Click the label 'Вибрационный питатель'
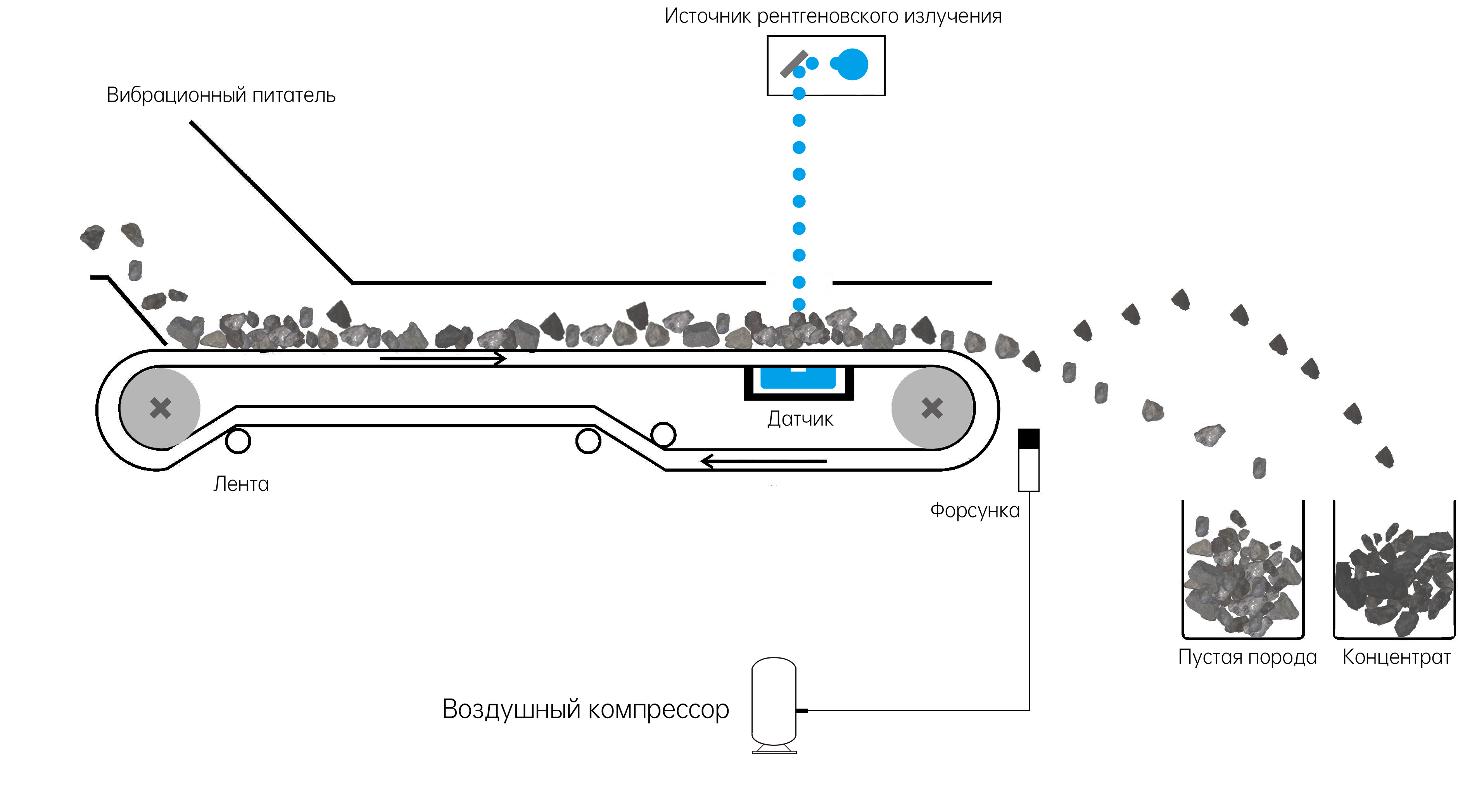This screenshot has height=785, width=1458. click(221, 95)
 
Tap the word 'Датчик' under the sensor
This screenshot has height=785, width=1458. click(800, 419)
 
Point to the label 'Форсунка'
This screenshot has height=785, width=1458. click(974, 510)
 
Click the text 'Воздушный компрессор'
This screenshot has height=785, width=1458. click(585, 709)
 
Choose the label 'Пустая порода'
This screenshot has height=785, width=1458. click(1247, 657)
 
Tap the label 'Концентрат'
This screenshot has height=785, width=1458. click(1396, 657)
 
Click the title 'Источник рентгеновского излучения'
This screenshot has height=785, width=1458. click(833, 16)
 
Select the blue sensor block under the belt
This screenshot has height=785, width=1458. click(798, 378)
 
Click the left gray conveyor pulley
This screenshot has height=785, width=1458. click(160, 408)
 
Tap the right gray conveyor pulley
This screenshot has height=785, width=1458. click(932, 408)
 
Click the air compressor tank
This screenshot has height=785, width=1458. click(774, 702)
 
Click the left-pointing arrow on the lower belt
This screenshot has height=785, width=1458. click(764, 461)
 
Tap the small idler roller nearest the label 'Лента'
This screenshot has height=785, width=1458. click(238, 441)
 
